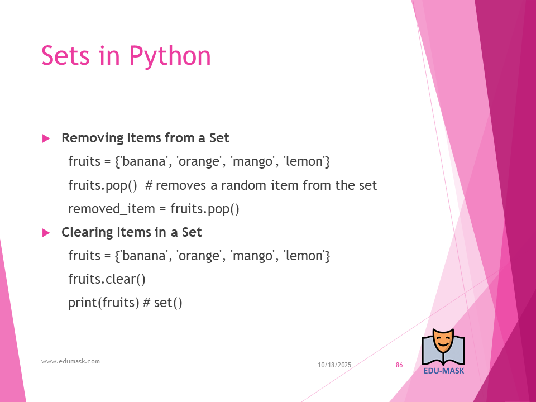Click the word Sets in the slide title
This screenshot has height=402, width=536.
pos(66,55)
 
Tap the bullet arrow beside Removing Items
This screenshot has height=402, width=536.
pos(46,138)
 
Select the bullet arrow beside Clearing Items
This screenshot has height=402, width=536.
pos(46,233)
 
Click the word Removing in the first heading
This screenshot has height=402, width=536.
pos(92,138)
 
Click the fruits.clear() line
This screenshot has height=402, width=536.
pos(107,279)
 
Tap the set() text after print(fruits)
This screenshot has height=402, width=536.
pos(168,303)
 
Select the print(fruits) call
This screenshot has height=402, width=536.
pos(104,303)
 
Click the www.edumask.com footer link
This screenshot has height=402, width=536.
pos(70,361)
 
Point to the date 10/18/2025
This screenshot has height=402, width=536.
pos(334,365)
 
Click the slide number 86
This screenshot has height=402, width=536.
pos(399,365)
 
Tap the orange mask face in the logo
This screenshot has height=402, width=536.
pos(443,342)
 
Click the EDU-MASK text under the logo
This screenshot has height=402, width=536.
pos(444,371)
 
